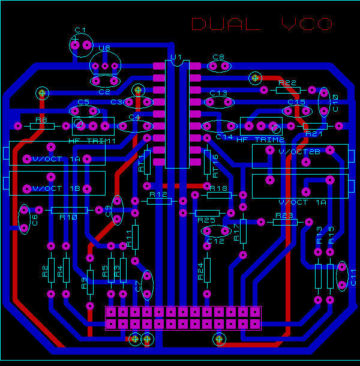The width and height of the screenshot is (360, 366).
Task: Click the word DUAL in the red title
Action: click(226, 24)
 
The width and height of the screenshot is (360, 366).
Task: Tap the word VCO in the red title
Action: click(307, 24)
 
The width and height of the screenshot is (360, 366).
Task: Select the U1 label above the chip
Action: click(176, 58)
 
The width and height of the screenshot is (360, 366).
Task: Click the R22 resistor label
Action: click(288, 83)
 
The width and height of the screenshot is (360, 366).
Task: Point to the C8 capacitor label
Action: click(218, 58)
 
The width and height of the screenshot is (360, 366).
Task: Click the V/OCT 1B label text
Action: click(56, 188)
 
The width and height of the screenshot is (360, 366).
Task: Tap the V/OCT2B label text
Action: click(300, 152)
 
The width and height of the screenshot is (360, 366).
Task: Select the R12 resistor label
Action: click(158, 194)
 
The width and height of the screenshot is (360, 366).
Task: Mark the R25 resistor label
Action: click(206, 220)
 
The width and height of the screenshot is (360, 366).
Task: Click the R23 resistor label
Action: click(284, 215)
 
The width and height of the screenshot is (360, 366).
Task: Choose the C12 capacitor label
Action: click(215, 241)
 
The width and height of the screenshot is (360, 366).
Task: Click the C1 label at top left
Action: click(80, 30)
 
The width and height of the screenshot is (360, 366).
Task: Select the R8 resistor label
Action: click(41, 120)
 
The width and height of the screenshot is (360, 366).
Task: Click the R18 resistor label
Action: click(220, 188)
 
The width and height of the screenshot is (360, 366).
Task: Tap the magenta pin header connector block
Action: click(183, 318)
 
